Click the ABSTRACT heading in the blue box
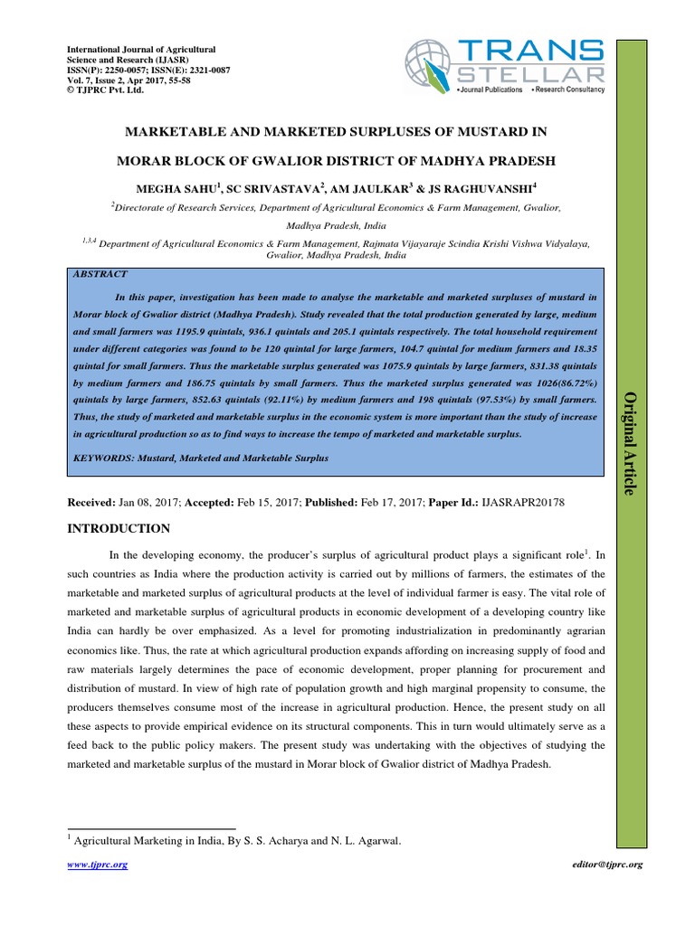click(102, 274)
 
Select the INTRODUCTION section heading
click(119, 528)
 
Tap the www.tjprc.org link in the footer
click(99, 865)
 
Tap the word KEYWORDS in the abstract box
click(102, 458)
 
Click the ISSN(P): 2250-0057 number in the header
click(111, 69)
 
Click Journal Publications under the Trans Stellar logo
click(490, 90)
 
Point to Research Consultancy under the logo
click(570, 90)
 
